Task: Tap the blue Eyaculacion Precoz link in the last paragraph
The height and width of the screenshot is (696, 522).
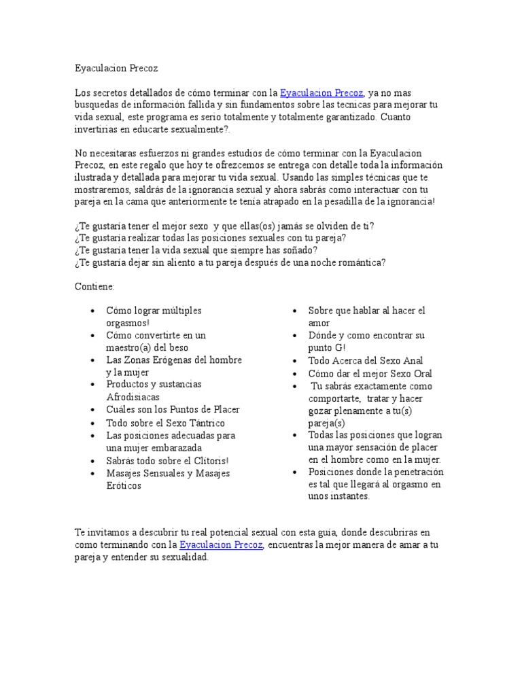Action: pyautogui.click(x=222, y=545)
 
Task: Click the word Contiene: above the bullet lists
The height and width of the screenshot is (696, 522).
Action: pyautogui.click(x=94, y=287)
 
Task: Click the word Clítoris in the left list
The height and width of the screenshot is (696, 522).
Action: pyautogui.click(x=208, y=461)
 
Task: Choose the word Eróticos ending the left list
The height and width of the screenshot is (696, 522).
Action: pyautogui.click(x=124, y=486)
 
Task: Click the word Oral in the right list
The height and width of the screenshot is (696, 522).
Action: pyautogui.click(x=421, y=373)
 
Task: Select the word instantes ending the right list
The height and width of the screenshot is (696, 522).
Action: pyautogui.click(x=347, y=496)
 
